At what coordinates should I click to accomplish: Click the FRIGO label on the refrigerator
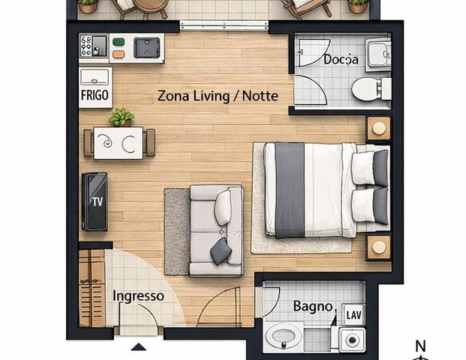tap(95, 95)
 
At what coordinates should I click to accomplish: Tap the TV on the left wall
tap(95, 202)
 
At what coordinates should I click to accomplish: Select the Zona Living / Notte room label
tap(218, 96)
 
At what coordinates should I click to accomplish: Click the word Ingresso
tap(138, 295)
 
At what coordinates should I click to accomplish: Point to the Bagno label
tap(313, 306)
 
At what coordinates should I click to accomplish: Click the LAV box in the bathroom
tap(353, 314)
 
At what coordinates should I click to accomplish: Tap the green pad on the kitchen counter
tap(119, 42)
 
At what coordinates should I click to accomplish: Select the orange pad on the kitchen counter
tap(119, 54)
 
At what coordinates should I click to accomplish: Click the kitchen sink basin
tap(147, 47)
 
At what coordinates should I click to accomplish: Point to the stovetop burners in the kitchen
tap(86, 46)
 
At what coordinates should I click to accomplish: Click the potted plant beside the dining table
tap(122, 118)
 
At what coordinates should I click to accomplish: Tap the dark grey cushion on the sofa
tap(221, 251)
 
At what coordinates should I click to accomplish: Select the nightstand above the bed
tap(379, 128)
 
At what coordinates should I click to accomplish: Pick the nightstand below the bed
tap(379, 247)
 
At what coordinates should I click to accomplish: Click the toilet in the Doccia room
tap(371, 88)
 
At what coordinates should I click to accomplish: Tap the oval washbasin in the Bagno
tap(283, 337)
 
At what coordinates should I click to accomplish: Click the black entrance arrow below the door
tap(139, 347)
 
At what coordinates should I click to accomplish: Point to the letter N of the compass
tap(420, 346)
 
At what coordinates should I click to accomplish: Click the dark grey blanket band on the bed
tap(290, 190)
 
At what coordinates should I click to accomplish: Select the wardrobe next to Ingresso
tap(92, 288)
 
